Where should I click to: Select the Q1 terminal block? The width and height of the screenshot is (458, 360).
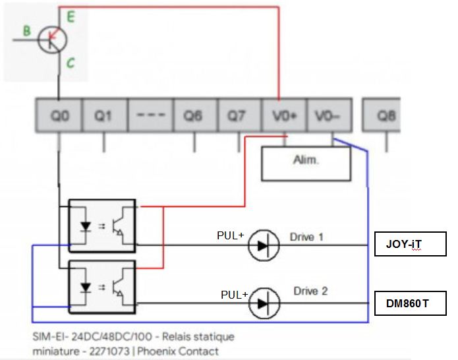tap(103, 117)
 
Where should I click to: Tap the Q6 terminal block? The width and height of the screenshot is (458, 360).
tap(194, 117)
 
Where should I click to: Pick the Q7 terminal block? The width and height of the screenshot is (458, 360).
tap(238, 117)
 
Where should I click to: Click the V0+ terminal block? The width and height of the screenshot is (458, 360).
tap(284, 117)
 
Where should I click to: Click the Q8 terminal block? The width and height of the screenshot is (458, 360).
tap(386, 117)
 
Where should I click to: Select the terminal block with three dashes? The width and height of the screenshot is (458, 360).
tap(149, 117)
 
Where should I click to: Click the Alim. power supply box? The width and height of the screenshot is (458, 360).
tap(306, 163)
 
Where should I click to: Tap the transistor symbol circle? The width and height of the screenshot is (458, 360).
tap(53, 40)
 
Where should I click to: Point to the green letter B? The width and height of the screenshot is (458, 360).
tap(26, 30)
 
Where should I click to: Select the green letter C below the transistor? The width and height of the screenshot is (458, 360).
tap(69, 64)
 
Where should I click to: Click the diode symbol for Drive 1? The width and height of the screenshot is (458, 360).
tap(264, 246)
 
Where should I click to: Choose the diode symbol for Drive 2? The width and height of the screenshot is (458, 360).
tap(264, 303)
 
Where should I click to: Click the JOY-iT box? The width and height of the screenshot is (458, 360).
tap(410, 244)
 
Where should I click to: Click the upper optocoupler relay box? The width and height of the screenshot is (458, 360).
tap(102, 224)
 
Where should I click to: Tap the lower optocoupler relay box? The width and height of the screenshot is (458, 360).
tap(102, 285)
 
